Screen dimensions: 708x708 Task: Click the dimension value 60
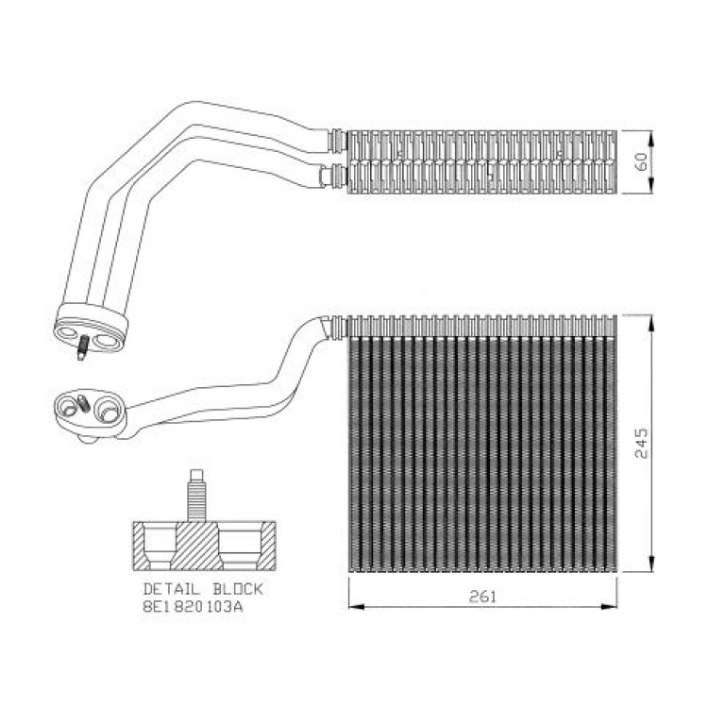click(x=641, y=161)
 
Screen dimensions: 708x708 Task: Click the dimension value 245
click(x=641, y=443)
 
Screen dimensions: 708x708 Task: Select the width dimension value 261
click(x=482, y=597)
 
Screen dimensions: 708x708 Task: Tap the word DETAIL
click(x=171, y=589)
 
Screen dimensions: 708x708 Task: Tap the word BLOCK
click(x=238, y=589)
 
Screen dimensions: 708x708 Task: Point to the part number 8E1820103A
click(x=193, y=606)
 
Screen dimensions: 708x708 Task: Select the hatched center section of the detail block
click(x=197, y=546)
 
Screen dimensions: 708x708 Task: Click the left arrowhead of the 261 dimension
click(x=356, y=606)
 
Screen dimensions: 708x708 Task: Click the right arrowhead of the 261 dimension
click(x=610, y=606)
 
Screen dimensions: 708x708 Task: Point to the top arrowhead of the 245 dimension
click(x=650, y=323)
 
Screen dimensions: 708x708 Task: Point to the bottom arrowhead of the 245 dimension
click(x=650, y=565)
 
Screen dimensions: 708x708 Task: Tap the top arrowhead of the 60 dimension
click(x=650, y=138)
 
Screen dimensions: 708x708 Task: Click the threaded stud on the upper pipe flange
click(x=83, y=348)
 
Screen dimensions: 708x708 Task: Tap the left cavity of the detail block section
click(x=160, y=547)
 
